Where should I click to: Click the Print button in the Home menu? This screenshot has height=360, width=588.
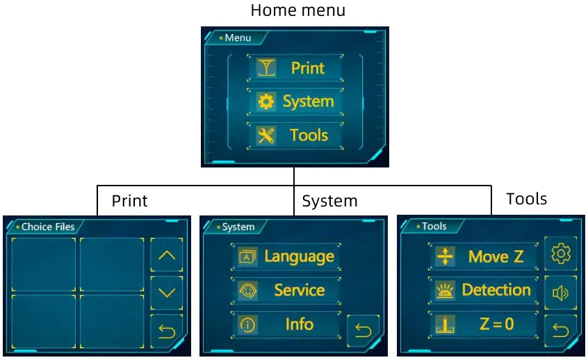pyautogui.click(x=295, y=68)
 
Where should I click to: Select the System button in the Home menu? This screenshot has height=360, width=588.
pyautogui.click(x=295, y=101)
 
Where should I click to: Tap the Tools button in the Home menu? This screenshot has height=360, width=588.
pyautogui.click(x=295, y=135)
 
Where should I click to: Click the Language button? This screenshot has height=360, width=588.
pyautogui.click(x=286, y=256)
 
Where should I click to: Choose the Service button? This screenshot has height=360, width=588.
pyautogui.click(x=286, y=291)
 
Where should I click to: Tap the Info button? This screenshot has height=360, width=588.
pyautogui.click(x=286, y=324)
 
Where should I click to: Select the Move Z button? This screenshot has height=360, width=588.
pyautogui.click(x=484, y=256)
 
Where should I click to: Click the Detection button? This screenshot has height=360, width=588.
pyautogui.click(x=484, y=290)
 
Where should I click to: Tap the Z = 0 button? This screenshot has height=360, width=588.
pyautogui.click(x=484, y=324)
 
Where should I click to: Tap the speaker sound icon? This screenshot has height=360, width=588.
pyautogui.click(x=560, y=293)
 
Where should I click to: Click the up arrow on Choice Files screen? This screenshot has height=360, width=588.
pyautogui.click(x=167, y=255)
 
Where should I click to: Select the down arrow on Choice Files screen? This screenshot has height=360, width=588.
pyautogui.click(x=167, y=293)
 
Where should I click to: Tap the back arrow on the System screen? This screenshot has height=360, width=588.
pyautogui.click(x=364, y=330)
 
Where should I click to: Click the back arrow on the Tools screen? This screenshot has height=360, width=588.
pyautogui.click(x=560, y=330)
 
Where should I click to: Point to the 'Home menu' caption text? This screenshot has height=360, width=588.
pyautogui.click(x=297, y=10)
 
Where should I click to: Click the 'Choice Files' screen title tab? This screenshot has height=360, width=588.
pyautogui.click(x=47, y=227)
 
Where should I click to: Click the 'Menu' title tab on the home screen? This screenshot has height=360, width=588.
pyautogui.click(x=237, y=38)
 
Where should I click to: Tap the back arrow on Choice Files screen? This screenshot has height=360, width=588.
pyautogui.click(x=167, y=331)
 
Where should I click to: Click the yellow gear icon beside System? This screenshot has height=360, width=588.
pyautogui.click(x=266, y=101)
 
